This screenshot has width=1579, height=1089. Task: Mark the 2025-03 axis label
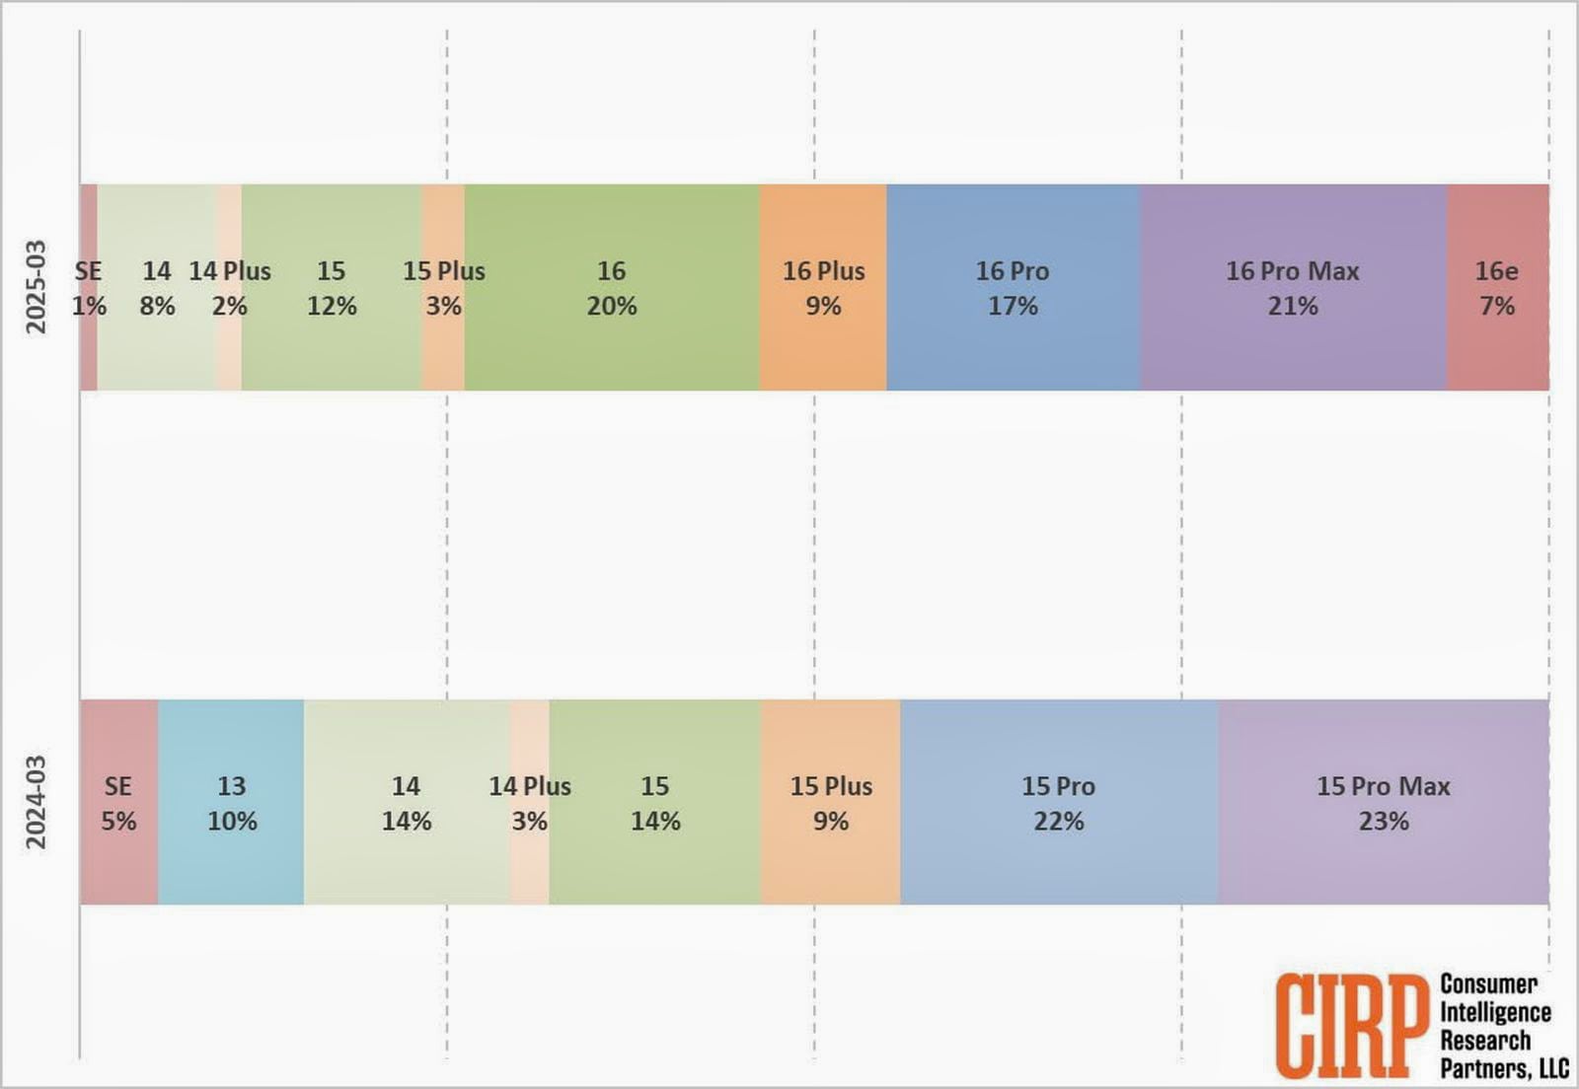[x=36, y=287]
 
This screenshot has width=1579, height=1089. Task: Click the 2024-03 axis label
[x=36, y=802]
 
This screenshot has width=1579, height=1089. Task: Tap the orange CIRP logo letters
[x=1351, y=1026]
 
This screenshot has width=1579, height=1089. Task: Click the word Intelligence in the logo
[x=1495, y=1012]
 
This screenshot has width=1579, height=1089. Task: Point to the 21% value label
[x=1293, y=306]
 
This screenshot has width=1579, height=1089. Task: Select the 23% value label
[x=1384, y=821]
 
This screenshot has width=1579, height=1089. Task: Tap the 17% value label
[x=1013, y=306]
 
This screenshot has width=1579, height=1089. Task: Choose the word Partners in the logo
[x=1482, y=1068]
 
